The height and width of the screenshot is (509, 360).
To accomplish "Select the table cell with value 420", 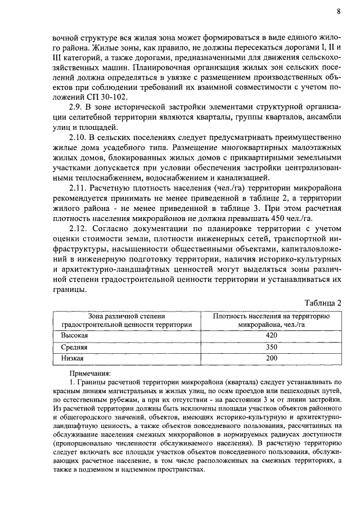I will point(272,336).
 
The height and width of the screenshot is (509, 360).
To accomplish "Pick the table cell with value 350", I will point(272,347).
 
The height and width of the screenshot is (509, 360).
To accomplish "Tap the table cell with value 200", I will point(272,358).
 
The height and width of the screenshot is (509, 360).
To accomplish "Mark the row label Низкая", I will point(73,358).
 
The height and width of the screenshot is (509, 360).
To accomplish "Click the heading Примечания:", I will point(90,372).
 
